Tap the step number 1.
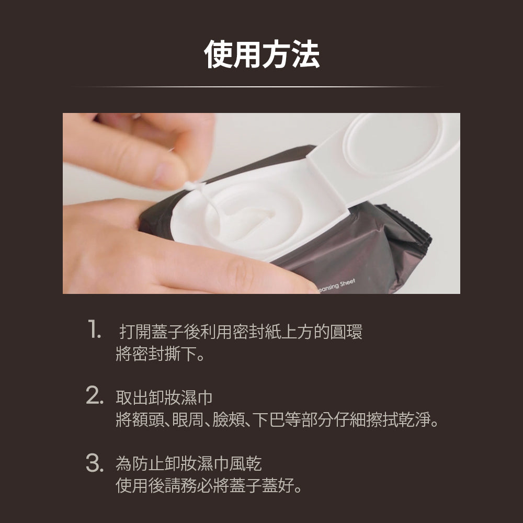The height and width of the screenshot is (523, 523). pos(95,332)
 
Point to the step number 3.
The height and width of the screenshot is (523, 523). pos(94,463)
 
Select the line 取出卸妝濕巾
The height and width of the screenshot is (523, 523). pos(164,397)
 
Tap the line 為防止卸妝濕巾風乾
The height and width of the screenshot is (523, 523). pos(188,463)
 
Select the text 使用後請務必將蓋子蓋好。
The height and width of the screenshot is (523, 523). pos(209,486)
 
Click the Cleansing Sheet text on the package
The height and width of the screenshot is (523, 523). pos(337,285)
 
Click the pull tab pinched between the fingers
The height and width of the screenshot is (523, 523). pos(192,187)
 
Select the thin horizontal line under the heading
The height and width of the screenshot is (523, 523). pos(261,87)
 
